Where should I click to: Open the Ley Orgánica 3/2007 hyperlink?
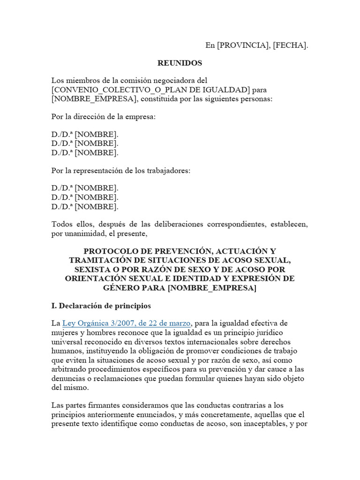[x=126, y=323]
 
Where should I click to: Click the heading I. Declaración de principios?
[x=101, y=306]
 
